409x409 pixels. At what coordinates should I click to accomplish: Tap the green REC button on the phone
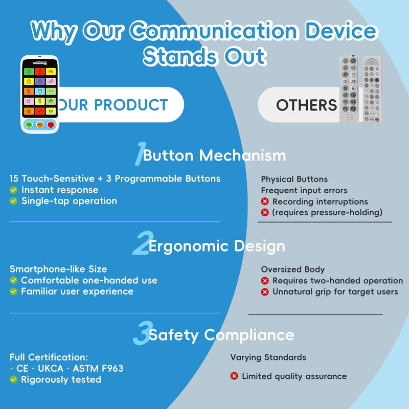pos(29,124)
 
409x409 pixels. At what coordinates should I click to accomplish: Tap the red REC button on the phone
pos(51,124)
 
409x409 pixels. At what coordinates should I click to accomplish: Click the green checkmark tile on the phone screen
pos(29,72)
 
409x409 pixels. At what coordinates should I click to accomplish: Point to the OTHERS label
pos(306,105)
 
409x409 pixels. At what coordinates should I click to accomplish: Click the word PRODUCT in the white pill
pos(131,105)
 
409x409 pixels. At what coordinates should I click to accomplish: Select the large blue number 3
pos(141,334)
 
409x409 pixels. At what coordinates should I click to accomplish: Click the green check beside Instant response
pos(14,190)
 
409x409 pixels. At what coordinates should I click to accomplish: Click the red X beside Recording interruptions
pos(265,202)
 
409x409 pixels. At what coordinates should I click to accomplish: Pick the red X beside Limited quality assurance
pos(234,376)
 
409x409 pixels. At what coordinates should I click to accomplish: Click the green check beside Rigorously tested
pos(14,380)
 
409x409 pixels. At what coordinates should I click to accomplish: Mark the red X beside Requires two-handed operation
pos(265,281)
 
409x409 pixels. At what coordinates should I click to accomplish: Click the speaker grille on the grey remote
pos(349,117)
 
